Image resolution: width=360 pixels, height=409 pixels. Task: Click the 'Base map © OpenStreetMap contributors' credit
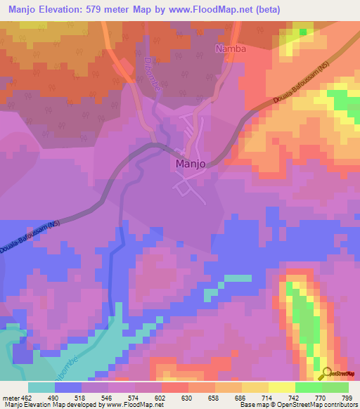tap(298, 405)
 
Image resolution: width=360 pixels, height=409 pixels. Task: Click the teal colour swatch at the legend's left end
tap(41, 387)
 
